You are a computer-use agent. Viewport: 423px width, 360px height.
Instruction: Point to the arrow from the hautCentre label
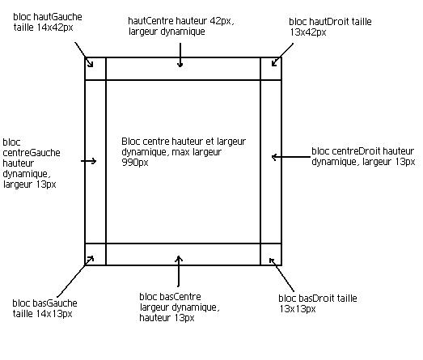(180, 55)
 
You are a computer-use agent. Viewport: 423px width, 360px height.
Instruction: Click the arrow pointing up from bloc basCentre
(178, 271)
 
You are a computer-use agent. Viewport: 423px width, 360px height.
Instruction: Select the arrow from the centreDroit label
(291, 156)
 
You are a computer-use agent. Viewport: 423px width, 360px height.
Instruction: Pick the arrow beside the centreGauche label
(88, 161)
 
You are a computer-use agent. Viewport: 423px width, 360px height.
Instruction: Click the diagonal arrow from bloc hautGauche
(84, 54)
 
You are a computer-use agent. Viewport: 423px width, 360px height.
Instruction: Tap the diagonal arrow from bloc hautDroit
(282, 54)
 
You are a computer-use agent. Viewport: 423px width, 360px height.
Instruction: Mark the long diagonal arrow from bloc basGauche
(75, 277)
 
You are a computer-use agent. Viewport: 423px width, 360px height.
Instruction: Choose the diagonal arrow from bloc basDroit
(281, 275)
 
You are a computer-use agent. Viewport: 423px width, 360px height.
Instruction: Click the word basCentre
(180, 297)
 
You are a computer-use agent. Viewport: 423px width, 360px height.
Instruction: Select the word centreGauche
(32, 153)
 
